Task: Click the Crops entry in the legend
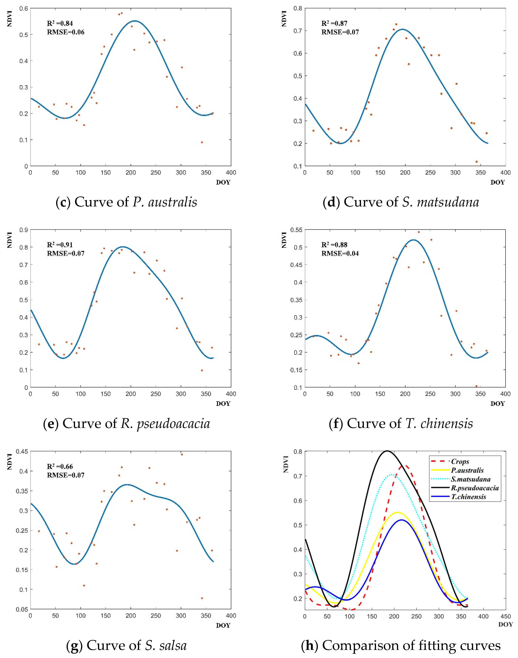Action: [460, 461]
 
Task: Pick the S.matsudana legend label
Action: [470, 479]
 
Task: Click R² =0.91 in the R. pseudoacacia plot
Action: [60, 245]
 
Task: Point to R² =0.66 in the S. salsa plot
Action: [60, 466]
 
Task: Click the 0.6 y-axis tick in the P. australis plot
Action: [24, 8]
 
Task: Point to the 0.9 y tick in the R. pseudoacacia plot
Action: [24, 230]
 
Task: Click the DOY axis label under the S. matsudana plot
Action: [497, 182]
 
